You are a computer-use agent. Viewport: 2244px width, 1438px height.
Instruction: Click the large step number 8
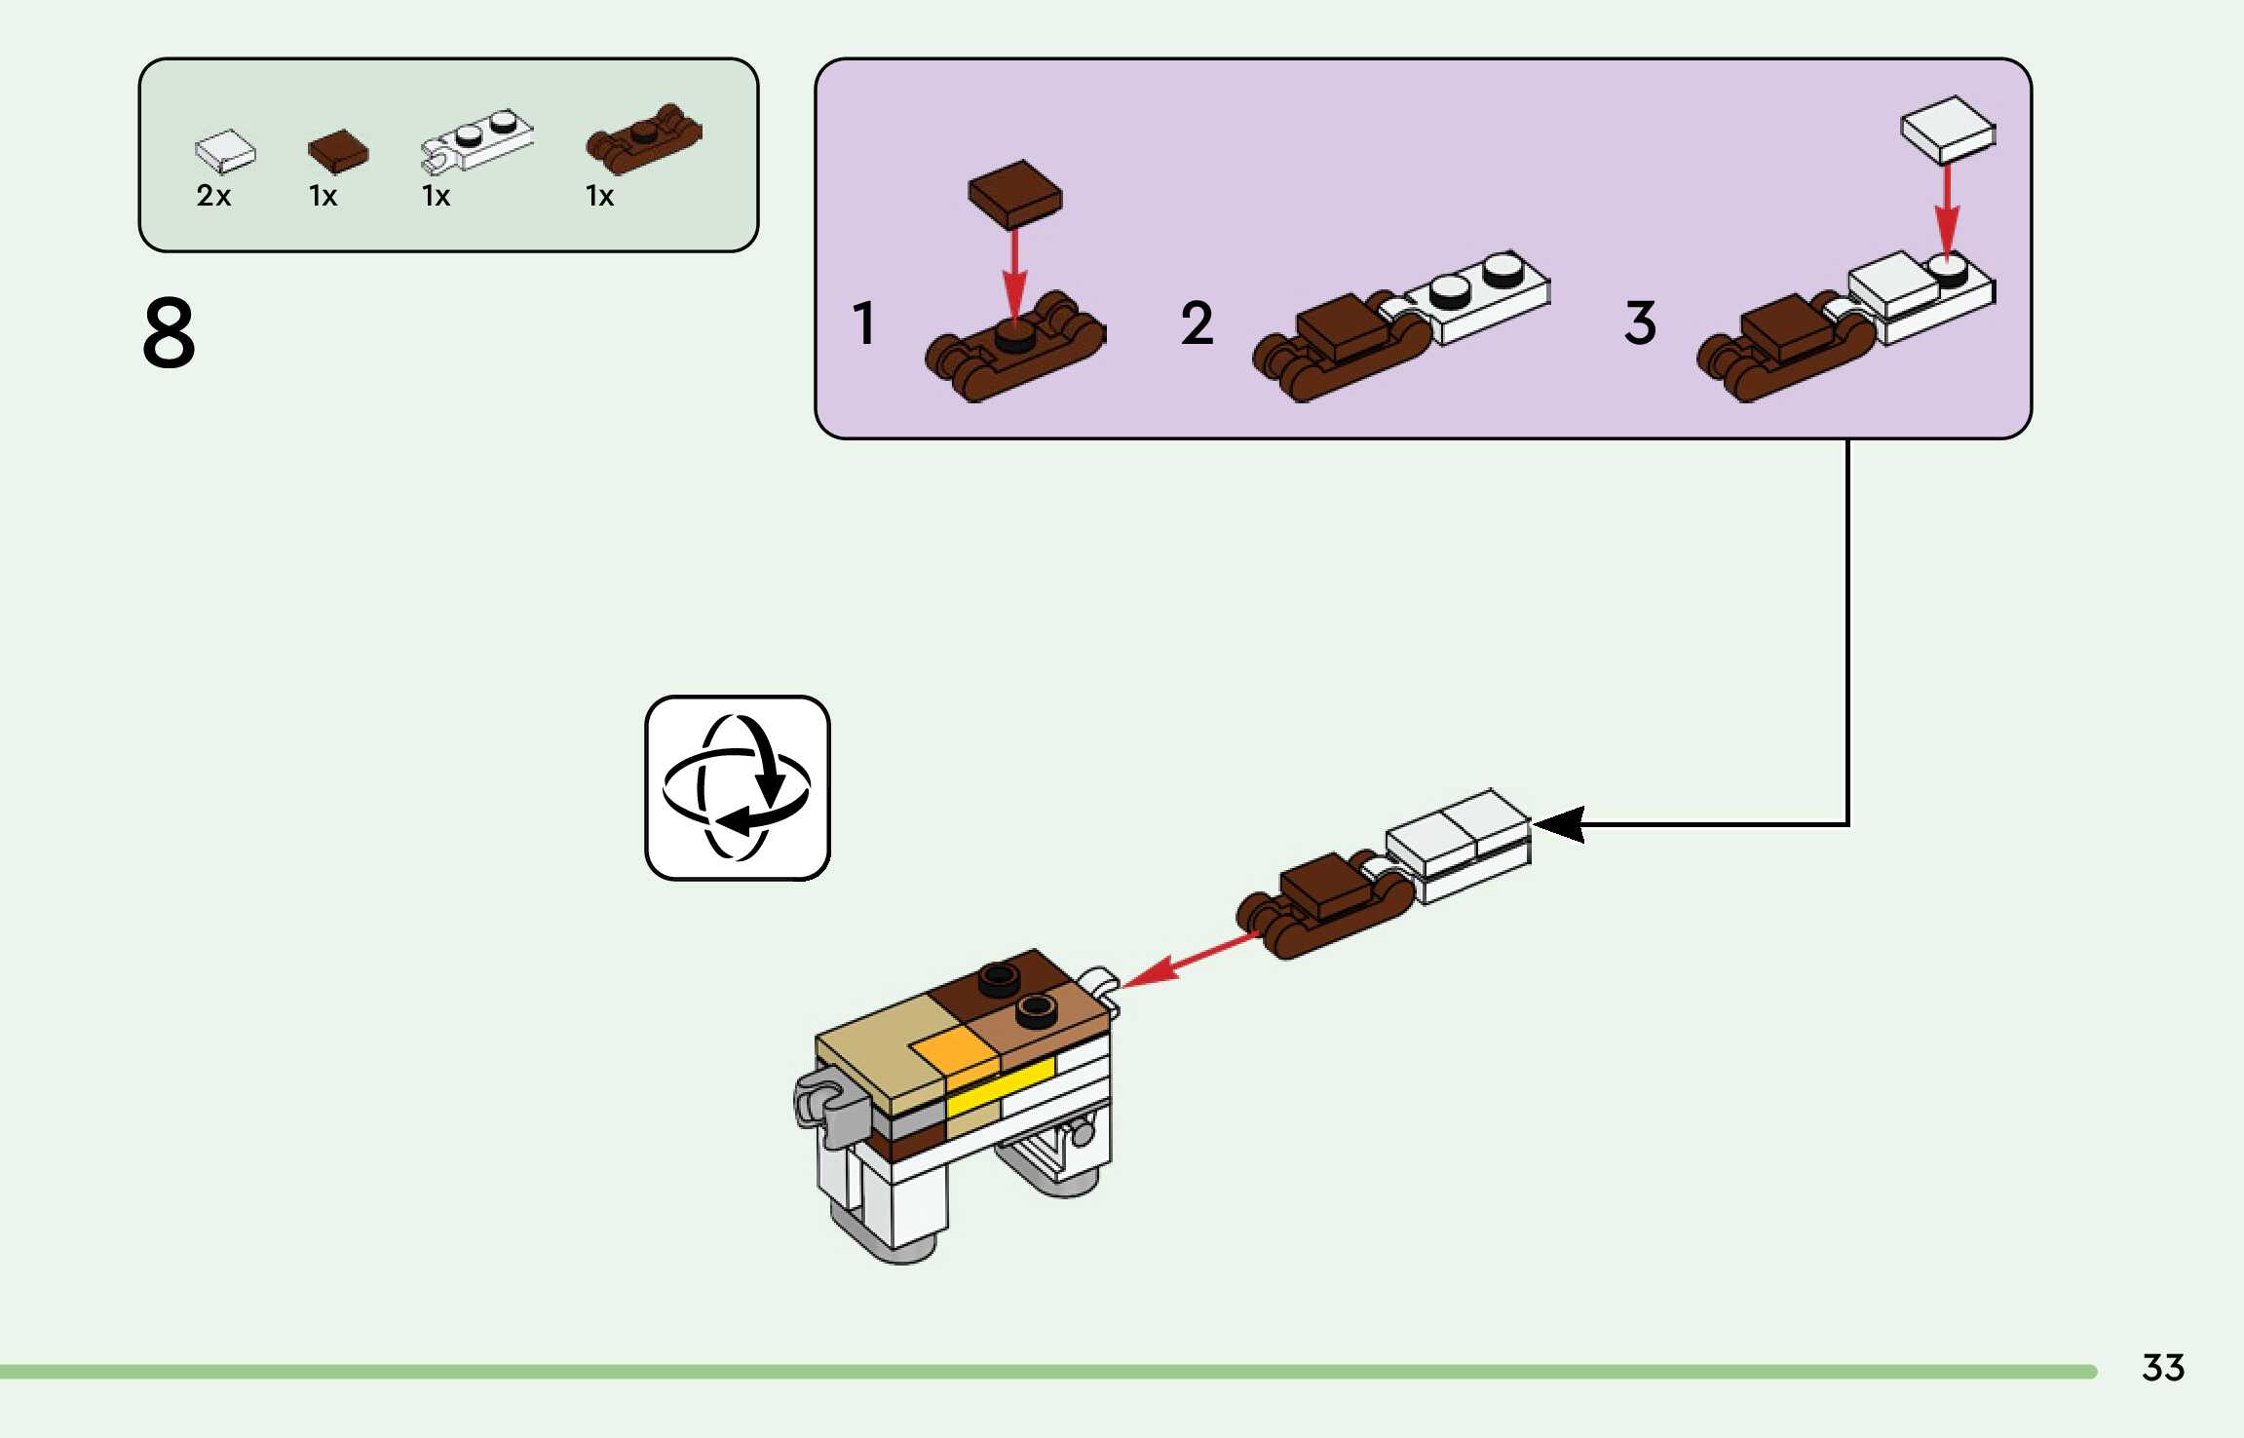[x=169, y=333]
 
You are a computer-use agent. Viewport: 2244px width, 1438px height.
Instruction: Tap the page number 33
[x=2162, y=1368]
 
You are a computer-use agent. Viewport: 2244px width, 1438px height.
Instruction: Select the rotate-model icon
[x=737, y=788]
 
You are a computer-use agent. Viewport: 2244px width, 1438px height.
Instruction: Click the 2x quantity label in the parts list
[x=213, y=196]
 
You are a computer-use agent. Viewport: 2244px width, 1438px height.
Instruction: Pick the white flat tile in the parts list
[x=225, y=151]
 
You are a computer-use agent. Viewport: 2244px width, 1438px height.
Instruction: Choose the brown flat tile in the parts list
[x=338, y=151]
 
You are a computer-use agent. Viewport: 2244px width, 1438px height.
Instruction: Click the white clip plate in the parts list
[x=477, y=140]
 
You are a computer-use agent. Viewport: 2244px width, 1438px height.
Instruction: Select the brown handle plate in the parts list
[x=643, y=137]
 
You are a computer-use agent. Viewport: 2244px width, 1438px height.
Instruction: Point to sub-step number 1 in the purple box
[x=863, y=322]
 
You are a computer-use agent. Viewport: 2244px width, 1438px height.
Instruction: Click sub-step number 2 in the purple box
[x=1197, y=322]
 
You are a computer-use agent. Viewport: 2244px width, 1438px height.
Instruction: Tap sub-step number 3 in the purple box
[x=1640, y=322]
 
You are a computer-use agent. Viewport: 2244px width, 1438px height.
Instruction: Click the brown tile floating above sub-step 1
[x=1014, y=193]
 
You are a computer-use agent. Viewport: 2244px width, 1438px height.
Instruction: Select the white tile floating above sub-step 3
[x=1947, y=129]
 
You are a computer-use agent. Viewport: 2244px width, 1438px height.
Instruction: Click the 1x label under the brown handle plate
[x=599, y=196]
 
